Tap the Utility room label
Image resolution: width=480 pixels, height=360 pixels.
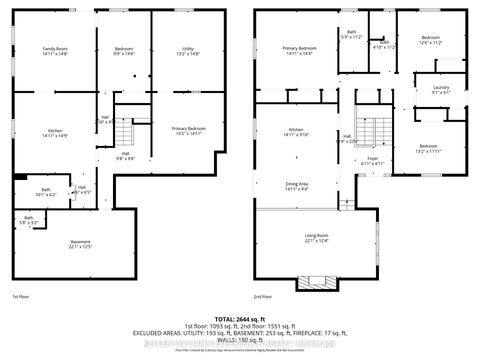(188, 50)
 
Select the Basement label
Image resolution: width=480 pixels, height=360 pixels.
(80, 243)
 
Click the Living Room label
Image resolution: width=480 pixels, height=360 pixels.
(317, 236)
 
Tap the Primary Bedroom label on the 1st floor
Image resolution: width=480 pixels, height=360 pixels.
(187, 129)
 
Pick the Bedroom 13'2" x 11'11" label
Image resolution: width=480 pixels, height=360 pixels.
(427, 147)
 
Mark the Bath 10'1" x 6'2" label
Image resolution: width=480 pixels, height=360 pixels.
(46, 192)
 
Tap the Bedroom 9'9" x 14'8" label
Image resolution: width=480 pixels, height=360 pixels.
(123, 50)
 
